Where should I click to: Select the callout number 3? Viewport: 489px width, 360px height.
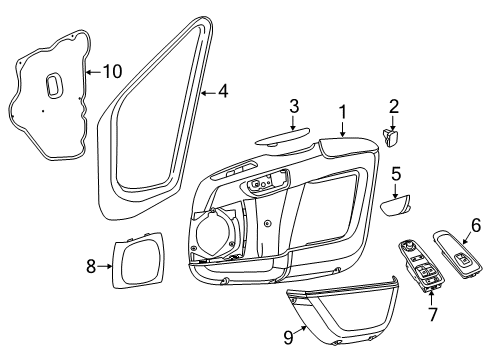293,107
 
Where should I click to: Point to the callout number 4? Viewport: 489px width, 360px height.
223,92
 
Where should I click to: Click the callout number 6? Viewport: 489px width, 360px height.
475,226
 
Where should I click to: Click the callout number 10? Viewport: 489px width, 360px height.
112,72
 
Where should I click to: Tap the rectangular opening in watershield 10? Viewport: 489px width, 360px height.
54,85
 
